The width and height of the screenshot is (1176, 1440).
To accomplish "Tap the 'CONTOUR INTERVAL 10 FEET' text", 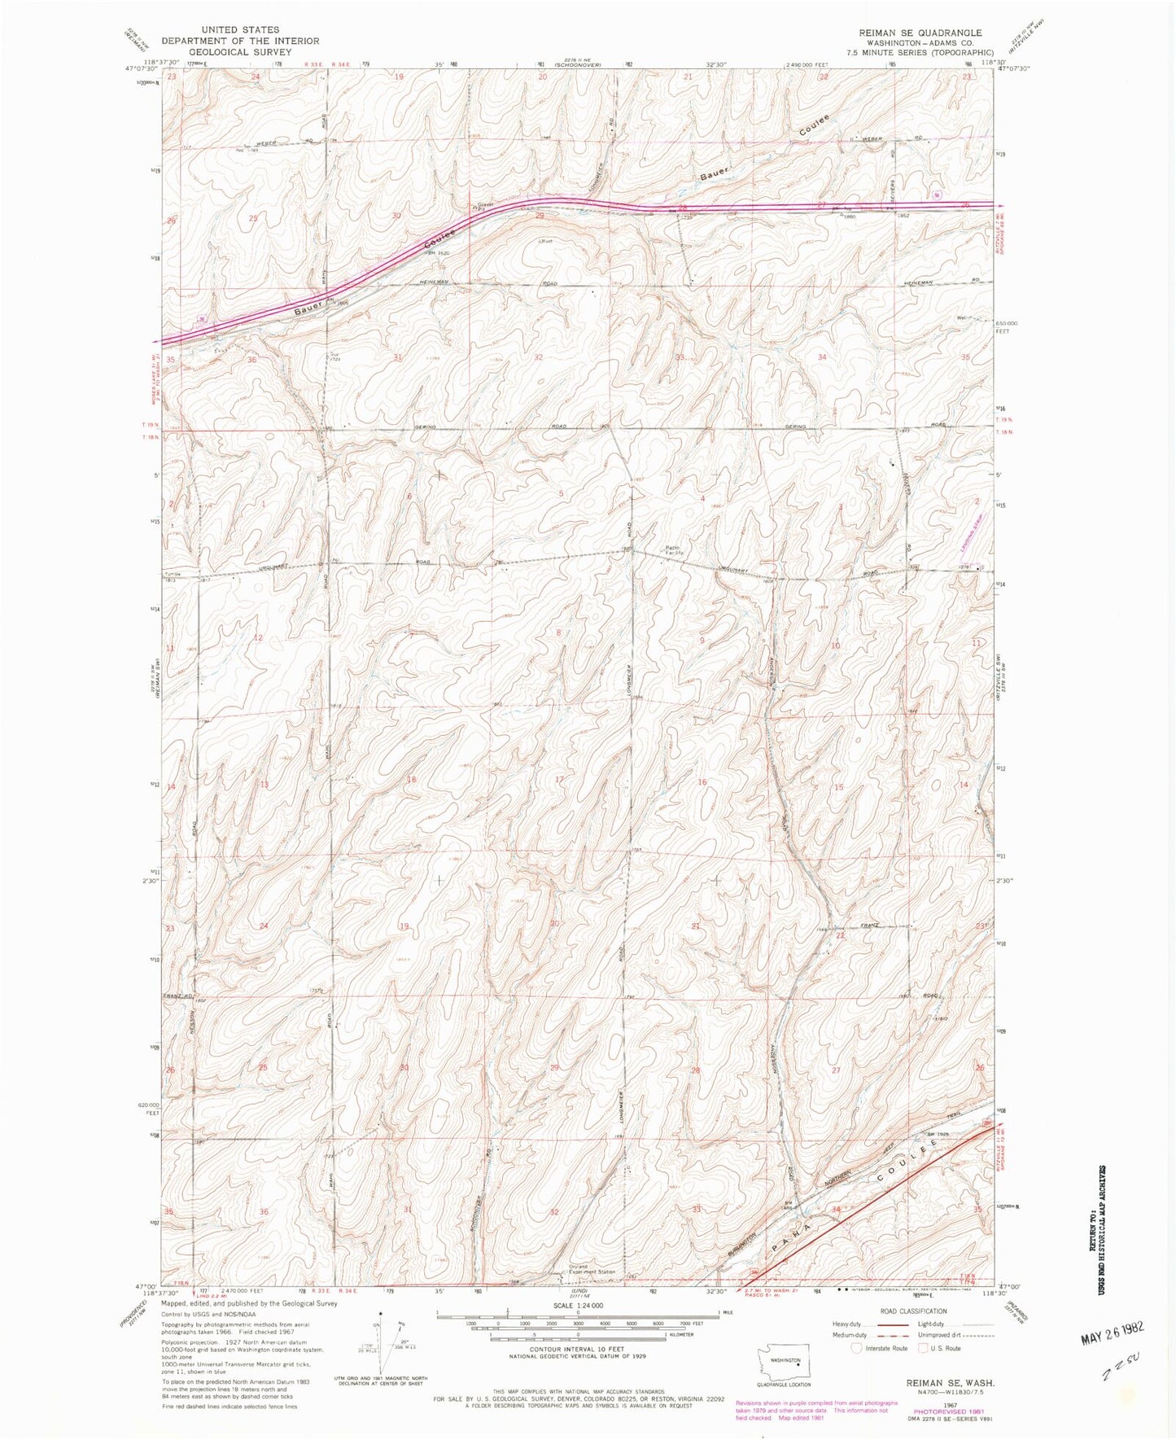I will click(x=577, y=1350).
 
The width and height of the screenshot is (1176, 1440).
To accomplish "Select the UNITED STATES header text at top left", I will click(x=241, y=30).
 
